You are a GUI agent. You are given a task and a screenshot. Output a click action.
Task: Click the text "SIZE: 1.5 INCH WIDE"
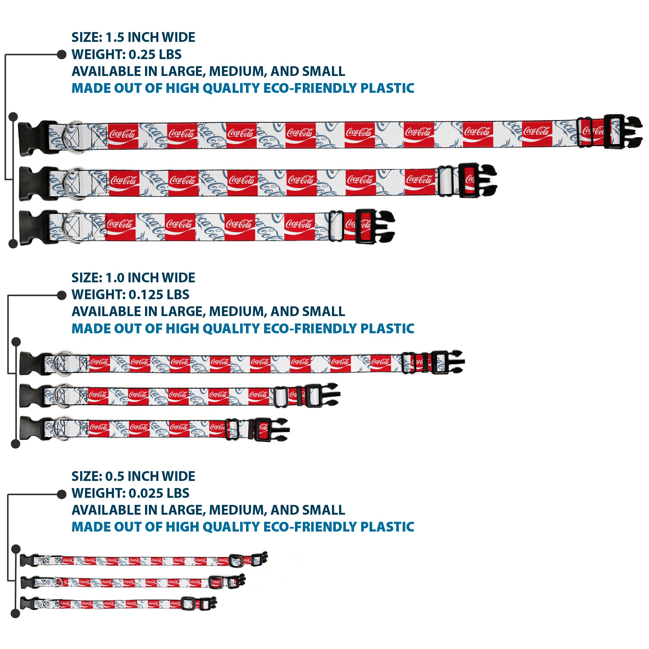click(x=133, y=37)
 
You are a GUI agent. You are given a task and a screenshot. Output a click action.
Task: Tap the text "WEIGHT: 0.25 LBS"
click(x=126, y=55)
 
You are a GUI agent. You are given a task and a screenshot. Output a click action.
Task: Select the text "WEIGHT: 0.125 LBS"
click(x=130, y=295)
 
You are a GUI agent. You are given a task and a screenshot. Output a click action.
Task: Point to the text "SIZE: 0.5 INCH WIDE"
click(x=133, y=476)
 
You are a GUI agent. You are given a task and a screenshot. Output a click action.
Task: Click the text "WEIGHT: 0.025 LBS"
click(x=130, y=493)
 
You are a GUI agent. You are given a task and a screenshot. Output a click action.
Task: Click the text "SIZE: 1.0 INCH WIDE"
click(x=133, y=278)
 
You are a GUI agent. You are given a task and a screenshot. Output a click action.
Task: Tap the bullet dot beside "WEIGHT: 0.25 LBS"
click(x=62, y=55)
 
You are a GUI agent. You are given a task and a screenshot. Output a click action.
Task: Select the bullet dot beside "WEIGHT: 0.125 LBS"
click(x=62, y=295)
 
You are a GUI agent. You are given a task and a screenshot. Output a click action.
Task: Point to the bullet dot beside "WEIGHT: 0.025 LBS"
click(x=62, y=494)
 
